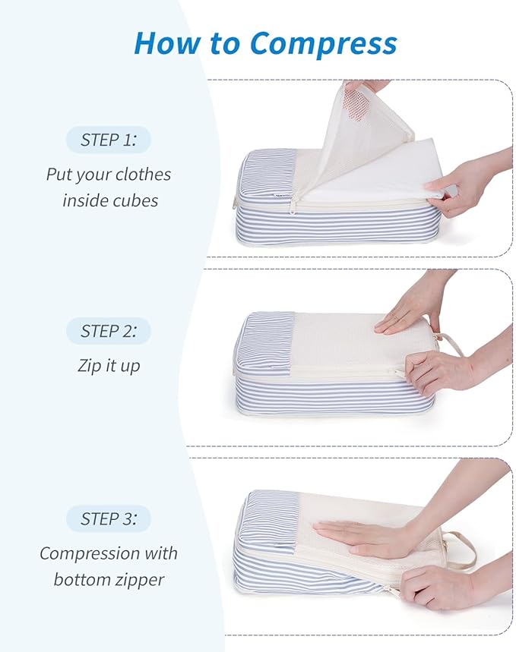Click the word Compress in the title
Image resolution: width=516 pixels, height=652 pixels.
coord(323,43)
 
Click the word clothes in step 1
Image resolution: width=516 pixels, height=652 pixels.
coord(143,175)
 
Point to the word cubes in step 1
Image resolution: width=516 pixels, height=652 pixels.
coord(135,200)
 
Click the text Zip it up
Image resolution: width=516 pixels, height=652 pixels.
coord(109,365)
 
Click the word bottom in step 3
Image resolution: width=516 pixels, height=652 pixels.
coord(80,579)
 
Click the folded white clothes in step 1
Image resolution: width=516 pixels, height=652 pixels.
coord(380,178)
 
